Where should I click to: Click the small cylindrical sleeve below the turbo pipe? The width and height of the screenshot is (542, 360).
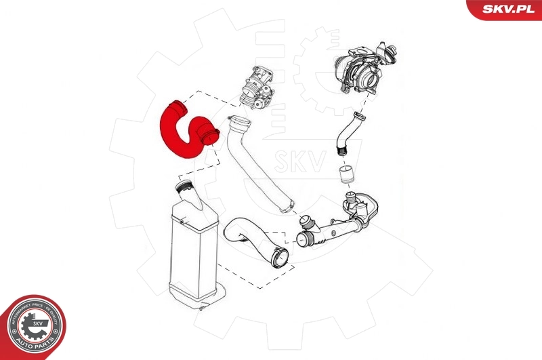[347, 174]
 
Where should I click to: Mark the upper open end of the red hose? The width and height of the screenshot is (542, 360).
[178, 106]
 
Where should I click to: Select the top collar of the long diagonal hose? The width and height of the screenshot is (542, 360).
[239, 123]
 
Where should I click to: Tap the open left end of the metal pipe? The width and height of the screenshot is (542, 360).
[304, 237]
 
